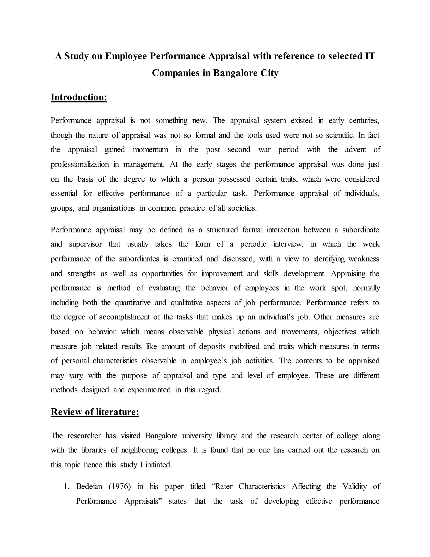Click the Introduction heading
(x=79, y=98)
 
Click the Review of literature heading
(x=94, y=412)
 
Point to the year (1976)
(x=120, y=486)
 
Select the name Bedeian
(x=89, y=486)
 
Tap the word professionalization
(x=80, y=164)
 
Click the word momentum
(x=150, y=149)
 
